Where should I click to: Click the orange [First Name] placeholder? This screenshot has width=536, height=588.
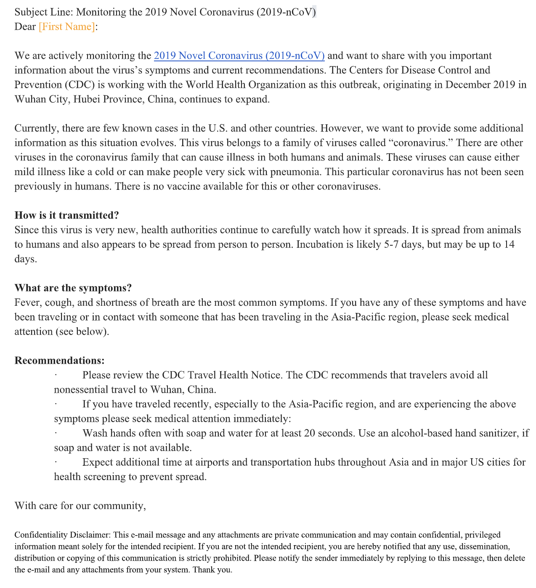pos(67,27)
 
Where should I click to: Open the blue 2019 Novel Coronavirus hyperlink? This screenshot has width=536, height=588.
pos(239,56)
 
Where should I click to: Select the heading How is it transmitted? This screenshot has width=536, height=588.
pos(67,215)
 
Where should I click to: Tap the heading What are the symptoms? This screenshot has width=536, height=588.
pos(73,288)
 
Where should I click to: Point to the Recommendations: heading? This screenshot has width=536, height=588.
pos(59,361)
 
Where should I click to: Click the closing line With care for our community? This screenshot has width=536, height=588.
pos(80,506)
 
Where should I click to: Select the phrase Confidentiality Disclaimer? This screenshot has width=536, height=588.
pos(62,535)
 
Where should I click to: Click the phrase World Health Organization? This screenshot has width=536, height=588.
pos(246,85)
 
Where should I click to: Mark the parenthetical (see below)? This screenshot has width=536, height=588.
pos(82,332)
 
